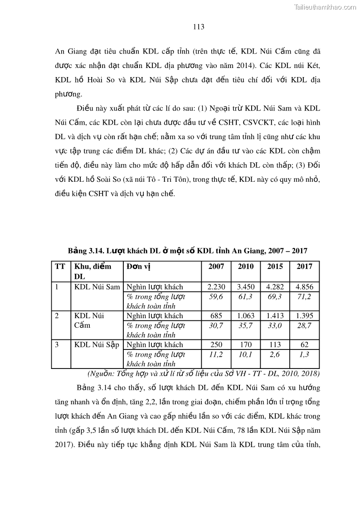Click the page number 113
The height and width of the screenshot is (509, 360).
click(199, 27)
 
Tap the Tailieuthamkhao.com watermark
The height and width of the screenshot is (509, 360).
click(325, 7)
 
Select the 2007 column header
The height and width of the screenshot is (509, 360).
click(216, 267)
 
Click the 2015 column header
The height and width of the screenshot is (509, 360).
click(275, 267)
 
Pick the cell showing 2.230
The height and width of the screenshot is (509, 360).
click(216, 287)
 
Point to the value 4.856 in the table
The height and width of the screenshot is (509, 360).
click(304, 287)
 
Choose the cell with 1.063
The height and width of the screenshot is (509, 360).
click(245, 316)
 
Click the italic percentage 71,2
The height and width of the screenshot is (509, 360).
click(304, 296)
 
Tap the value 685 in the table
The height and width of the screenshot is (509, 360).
click(216, 316)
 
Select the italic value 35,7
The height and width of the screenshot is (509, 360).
click(245, 325)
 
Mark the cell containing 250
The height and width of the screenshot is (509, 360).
click(216, 345)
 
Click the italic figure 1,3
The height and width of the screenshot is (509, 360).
click(304, 354)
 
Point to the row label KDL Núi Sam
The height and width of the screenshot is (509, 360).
click(97, 287)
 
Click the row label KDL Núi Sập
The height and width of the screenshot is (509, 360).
click(97, 345)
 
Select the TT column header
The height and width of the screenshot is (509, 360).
click(59, 267)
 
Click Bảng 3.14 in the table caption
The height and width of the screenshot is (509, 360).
click(85, 251)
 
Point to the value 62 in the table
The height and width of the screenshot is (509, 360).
click(304, 345)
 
